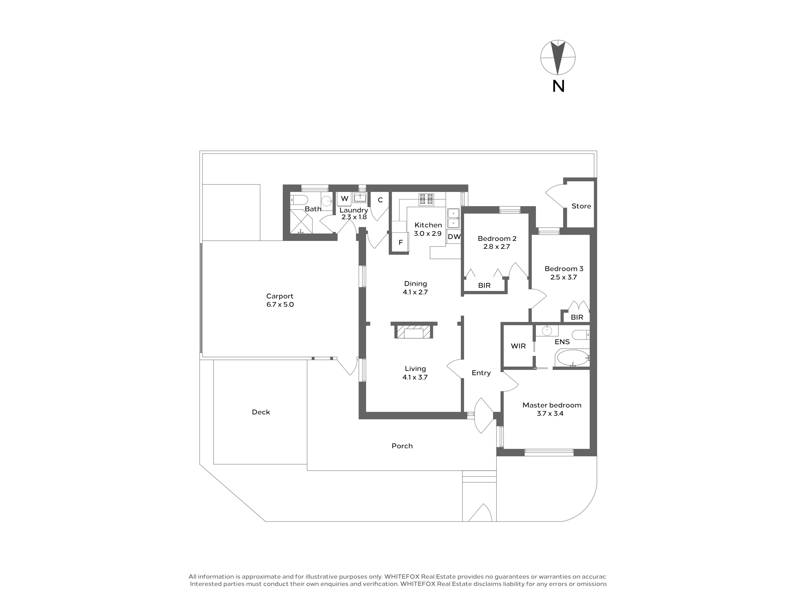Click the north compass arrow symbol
pyautogui.click(x=558, y=57)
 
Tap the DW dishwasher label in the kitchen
pyautogui.click(x=454, y=237)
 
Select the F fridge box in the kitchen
pyautogui.click(x=400, y=242)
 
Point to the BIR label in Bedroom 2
pyautogui.click(x=484, y=286)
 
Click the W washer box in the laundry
pyautogui.click(x=344, y=199)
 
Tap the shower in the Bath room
pyautogui.click(x=301, y=222)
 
